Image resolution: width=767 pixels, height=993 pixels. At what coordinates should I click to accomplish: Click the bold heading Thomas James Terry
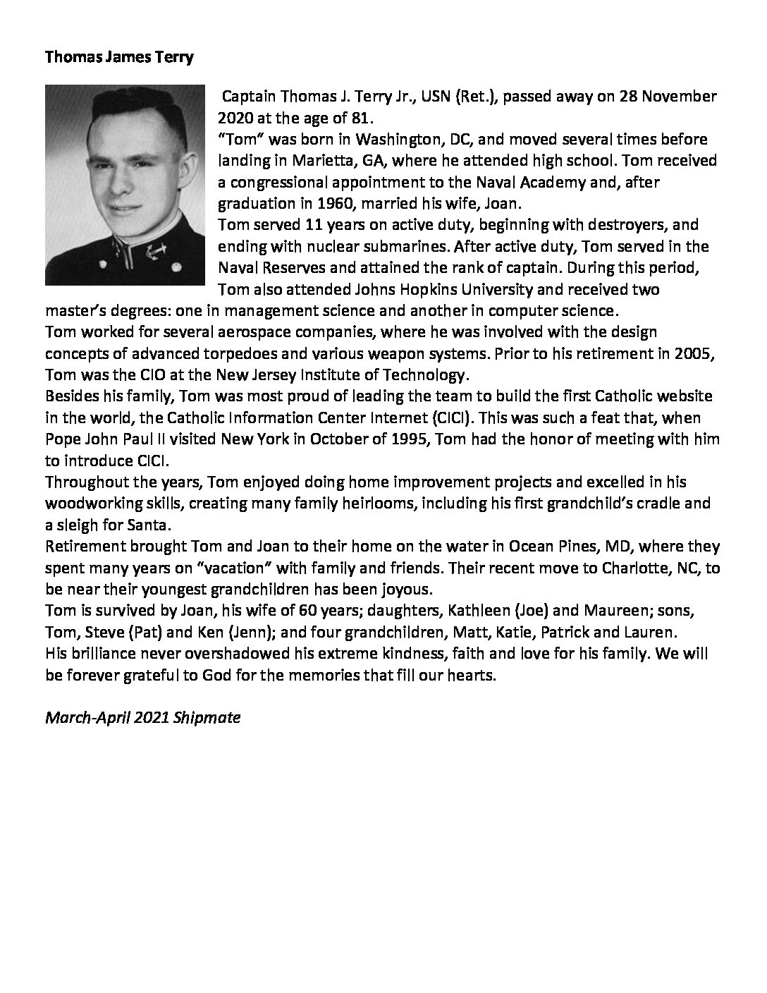[118, 58]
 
